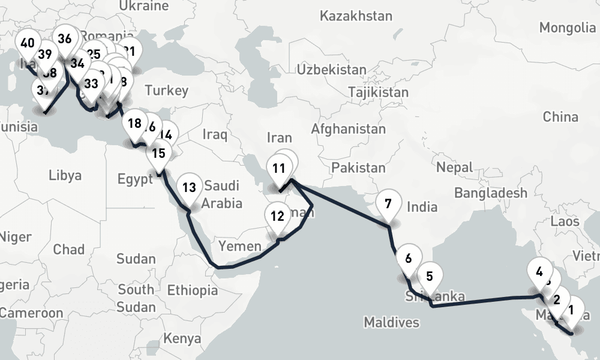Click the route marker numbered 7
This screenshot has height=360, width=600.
[x=388, y=204]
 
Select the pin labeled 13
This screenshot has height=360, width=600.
[x=189, y=188]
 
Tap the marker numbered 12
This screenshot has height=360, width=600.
[x=277, y=216]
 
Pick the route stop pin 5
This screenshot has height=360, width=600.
[x=430, y=277]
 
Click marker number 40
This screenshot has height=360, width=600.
[x=27, y=43]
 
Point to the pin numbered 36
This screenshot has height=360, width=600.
[x=65, y=40]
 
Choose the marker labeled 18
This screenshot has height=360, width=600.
[x=134, y=124]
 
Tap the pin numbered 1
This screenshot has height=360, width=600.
[x=571, y=311]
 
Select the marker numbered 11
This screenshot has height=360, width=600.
[x=278, y=169]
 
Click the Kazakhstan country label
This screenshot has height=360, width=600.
[x=356, y=16]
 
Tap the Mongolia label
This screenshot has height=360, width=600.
[x=567, y=28]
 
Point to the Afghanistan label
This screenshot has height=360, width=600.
[x=348, y=129]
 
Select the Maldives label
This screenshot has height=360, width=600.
[x=391, y=323]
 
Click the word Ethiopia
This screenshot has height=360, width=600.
[x=192, y=290]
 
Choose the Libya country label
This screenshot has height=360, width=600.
[x=65, y=175]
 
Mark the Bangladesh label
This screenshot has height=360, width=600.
[x=491, y=193]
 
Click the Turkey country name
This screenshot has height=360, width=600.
[x=166, y=91]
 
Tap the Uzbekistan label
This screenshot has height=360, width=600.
[x=331, y=70]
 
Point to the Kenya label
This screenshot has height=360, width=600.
[x=182, y=338]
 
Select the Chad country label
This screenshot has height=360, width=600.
[x=68, y=248]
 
